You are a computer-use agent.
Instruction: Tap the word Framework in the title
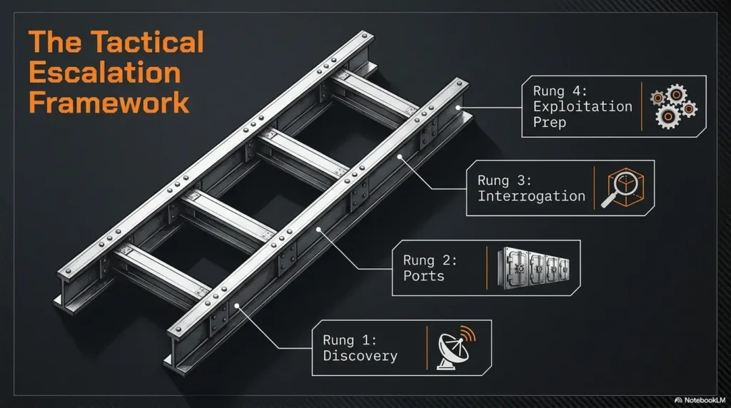pos(109,103)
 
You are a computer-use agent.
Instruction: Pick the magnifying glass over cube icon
pos(622,187)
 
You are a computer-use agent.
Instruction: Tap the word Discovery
pos(360,357)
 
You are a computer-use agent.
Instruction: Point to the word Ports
pos(424,276)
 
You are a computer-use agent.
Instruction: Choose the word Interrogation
pos(531,196)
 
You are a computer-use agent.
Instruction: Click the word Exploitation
pos(583,107)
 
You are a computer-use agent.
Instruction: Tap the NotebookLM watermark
pos(700,400)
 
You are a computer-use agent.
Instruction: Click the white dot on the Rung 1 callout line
pos(237,306)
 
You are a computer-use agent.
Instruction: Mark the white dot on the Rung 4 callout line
pos(458,108)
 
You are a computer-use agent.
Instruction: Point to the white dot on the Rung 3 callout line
pos(400,157)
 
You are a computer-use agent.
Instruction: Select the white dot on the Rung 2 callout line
pos(319,229)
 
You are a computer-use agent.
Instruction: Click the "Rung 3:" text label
pos(505,180)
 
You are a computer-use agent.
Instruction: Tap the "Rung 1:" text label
pos(350,340)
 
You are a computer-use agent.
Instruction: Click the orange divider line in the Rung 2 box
pos(487,267)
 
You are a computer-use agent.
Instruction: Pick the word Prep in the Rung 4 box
pos(550,123)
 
